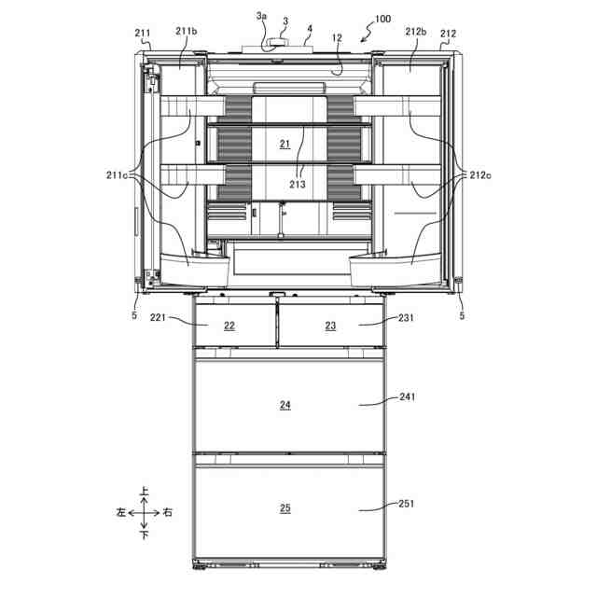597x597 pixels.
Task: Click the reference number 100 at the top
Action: (382, 19)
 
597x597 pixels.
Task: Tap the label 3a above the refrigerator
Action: (261, 16)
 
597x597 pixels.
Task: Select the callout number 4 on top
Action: (310, 29)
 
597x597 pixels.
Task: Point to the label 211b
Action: (187, 31)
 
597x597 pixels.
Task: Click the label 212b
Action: (416, 32)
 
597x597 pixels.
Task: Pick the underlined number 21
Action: (285, 144)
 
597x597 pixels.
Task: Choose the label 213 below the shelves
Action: (298, 185)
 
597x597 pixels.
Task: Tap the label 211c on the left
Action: (117, 175)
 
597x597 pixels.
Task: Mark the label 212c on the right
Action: (480, 175)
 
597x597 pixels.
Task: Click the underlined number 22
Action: (229, 326)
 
